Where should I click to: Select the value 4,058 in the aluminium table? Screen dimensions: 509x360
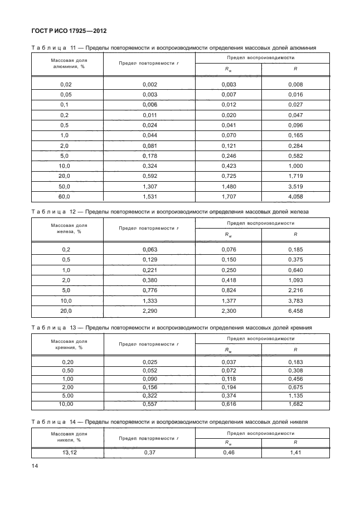[x=295, y=197]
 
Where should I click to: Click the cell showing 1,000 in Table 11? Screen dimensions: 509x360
[x=295, y=166]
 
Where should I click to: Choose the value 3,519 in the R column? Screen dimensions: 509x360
[x=295, y=187]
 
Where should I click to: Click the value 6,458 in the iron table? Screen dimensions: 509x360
[x=295, y=311]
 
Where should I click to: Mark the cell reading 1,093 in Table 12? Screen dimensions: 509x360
[x=295, y=280]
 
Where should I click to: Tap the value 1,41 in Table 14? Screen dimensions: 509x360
[x=295, y=452]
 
